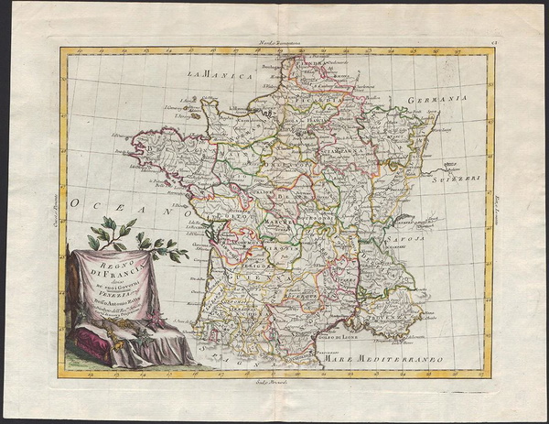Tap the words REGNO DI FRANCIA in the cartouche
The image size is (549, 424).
(x=118, y=266)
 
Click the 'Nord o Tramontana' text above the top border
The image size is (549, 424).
(x=276, y=44)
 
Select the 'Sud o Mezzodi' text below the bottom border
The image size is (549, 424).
(x=276, y=383)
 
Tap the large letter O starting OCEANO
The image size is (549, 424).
(x=78, y=200)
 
